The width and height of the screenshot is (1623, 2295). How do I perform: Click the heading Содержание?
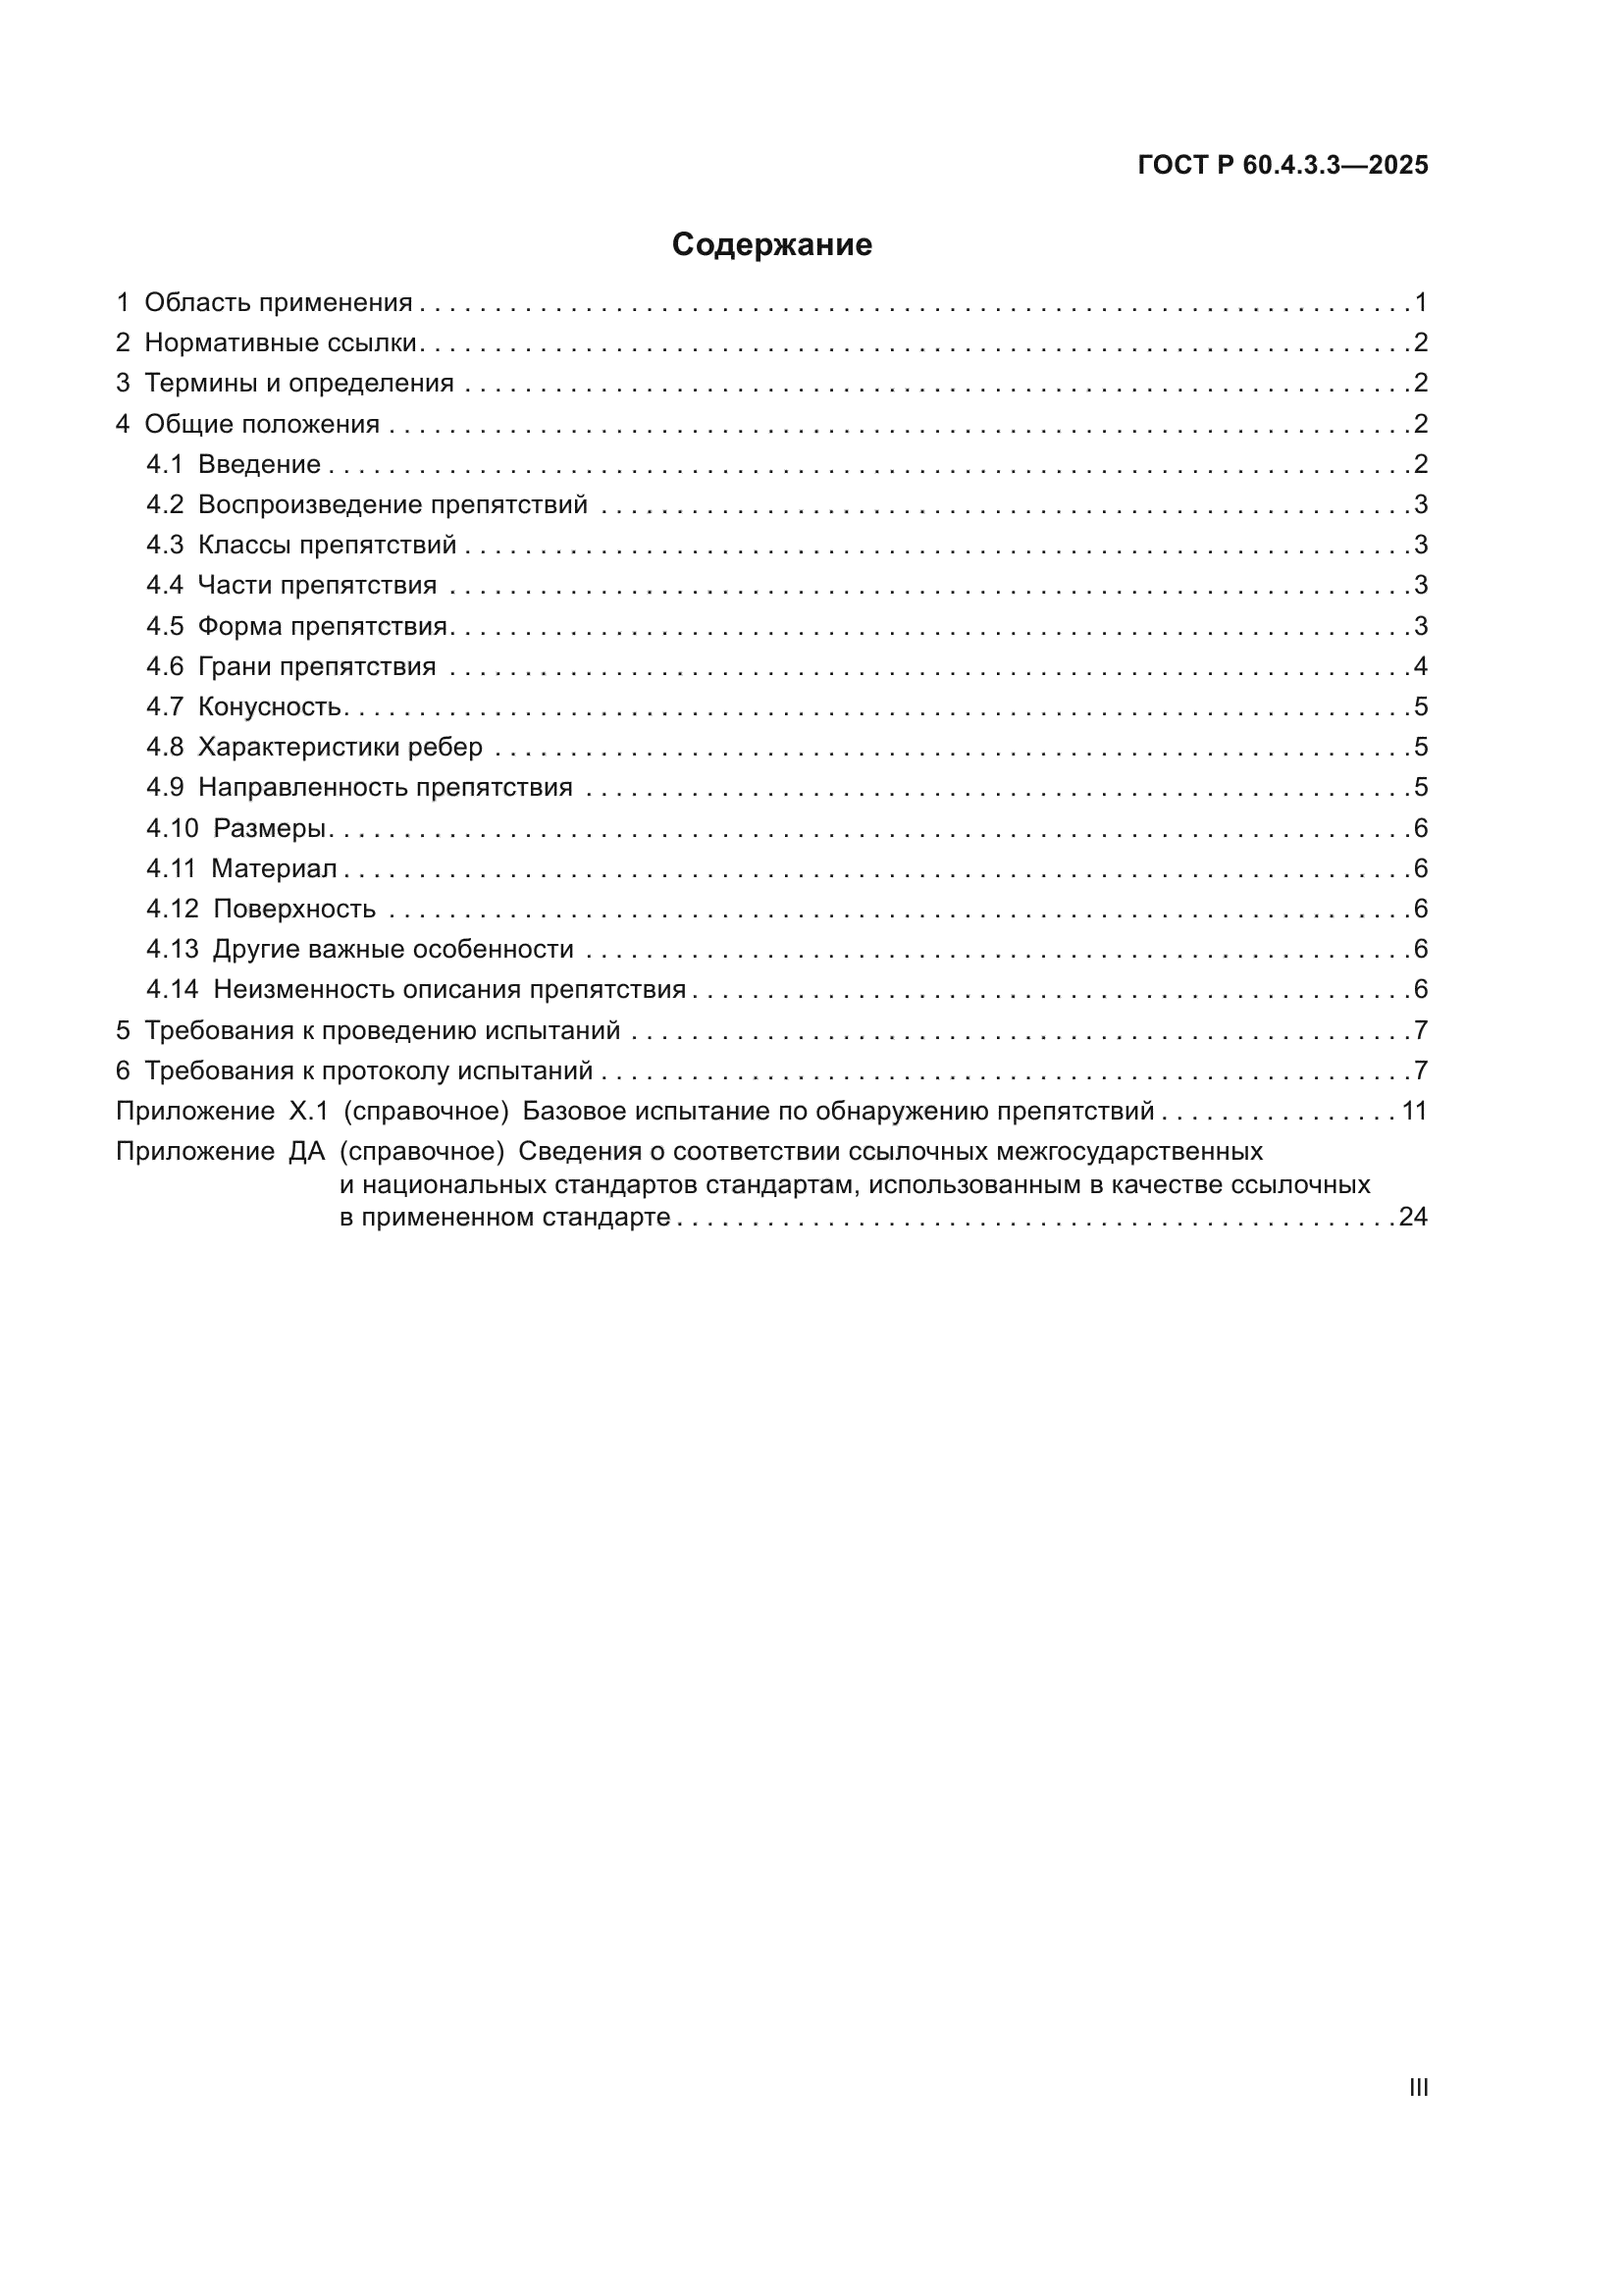[771, 245]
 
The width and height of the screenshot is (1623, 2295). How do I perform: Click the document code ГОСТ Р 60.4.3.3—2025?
[1283, 166]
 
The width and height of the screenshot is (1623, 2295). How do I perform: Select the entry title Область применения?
[278, 303]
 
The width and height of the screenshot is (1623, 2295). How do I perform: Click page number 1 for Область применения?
[1421, 303]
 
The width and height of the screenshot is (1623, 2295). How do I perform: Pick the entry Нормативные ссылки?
[280, 342]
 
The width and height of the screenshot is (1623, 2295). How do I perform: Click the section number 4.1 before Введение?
[165, 465]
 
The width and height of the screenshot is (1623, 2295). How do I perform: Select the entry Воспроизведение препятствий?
[392, 504]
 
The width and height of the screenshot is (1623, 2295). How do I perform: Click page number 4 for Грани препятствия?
[1421, 666]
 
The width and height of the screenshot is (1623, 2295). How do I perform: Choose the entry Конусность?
[270, 707]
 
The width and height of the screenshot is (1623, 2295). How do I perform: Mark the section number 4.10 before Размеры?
[172, 829]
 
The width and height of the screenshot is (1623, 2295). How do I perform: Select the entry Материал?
[274, 868]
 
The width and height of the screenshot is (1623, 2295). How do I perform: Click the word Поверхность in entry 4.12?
[293, 910]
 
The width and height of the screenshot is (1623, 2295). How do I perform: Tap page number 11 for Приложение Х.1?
[1414, 1112]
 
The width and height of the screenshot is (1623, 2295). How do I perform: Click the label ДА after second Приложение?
[307, 1152]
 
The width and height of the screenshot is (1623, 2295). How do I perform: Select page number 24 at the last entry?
[1413, 1218]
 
